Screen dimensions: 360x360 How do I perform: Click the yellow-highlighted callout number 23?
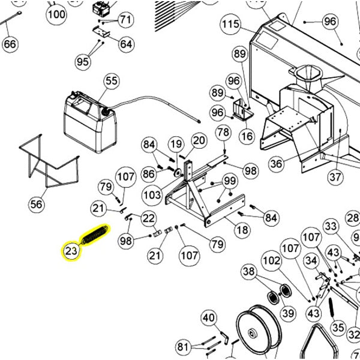[71, 251]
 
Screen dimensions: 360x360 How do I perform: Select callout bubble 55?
[112, 80]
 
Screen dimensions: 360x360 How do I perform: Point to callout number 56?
[37, 204]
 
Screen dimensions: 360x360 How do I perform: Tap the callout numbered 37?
[334, 178]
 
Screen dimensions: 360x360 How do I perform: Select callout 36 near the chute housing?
[277, 163]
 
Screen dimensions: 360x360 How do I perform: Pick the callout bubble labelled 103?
[152, 194]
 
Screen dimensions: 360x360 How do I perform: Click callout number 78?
[223, 132]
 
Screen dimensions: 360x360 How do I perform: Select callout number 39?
[289, 313]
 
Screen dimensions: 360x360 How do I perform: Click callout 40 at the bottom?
[208, 317]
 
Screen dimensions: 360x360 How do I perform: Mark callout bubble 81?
[182, 347]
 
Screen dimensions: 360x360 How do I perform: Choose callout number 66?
[10, 44]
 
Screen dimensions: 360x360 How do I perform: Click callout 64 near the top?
[126, 44]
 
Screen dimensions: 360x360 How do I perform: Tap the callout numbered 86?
[149, 174]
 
